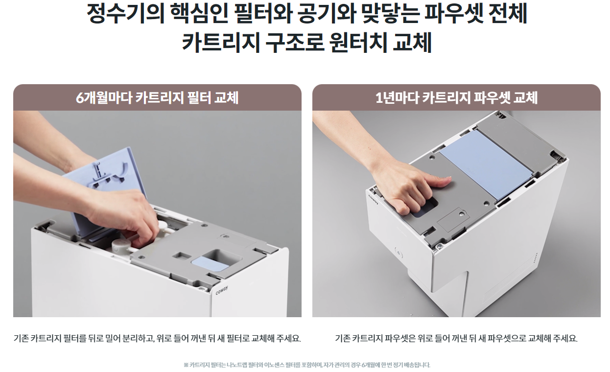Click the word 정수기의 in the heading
(126, 14)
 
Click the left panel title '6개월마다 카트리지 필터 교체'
(157, 98)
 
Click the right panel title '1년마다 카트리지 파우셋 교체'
(456, 98)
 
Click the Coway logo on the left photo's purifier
(222, 291)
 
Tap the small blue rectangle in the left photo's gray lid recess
(210, 264)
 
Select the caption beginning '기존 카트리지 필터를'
(157, 339)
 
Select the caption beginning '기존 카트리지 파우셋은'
(456, 339)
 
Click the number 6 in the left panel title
(79, 98)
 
